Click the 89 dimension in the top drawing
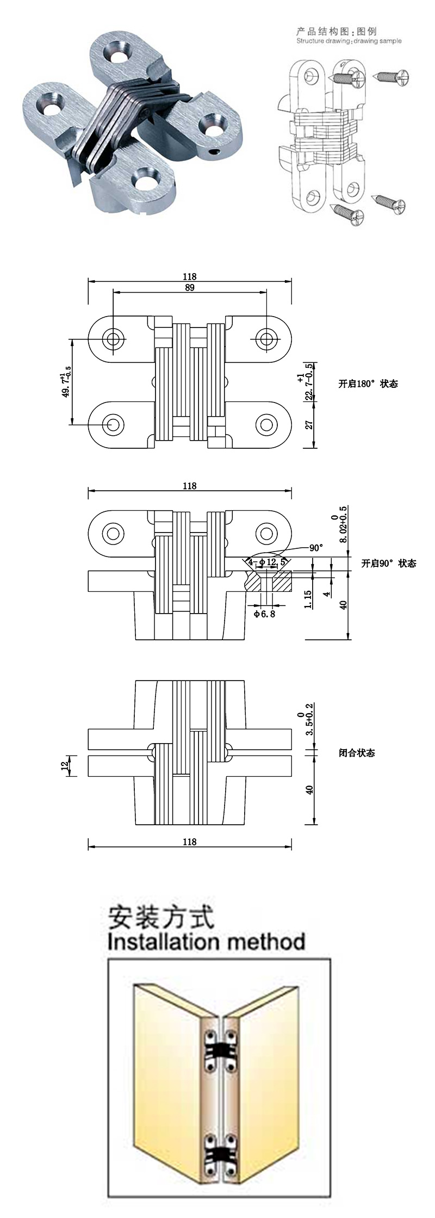pos(189,288)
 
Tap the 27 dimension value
pos(310,425)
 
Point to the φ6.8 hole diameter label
pos(265,614)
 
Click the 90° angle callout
pos(316,548)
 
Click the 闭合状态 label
pos(357,753)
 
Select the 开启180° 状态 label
pos(368,384)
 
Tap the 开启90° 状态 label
pos(388,564)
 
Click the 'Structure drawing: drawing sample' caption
pos(349,41)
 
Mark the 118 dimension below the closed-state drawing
pos(189,842)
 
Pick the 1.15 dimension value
pos(308,599)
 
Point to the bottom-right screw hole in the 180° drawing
pos(266,424)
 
